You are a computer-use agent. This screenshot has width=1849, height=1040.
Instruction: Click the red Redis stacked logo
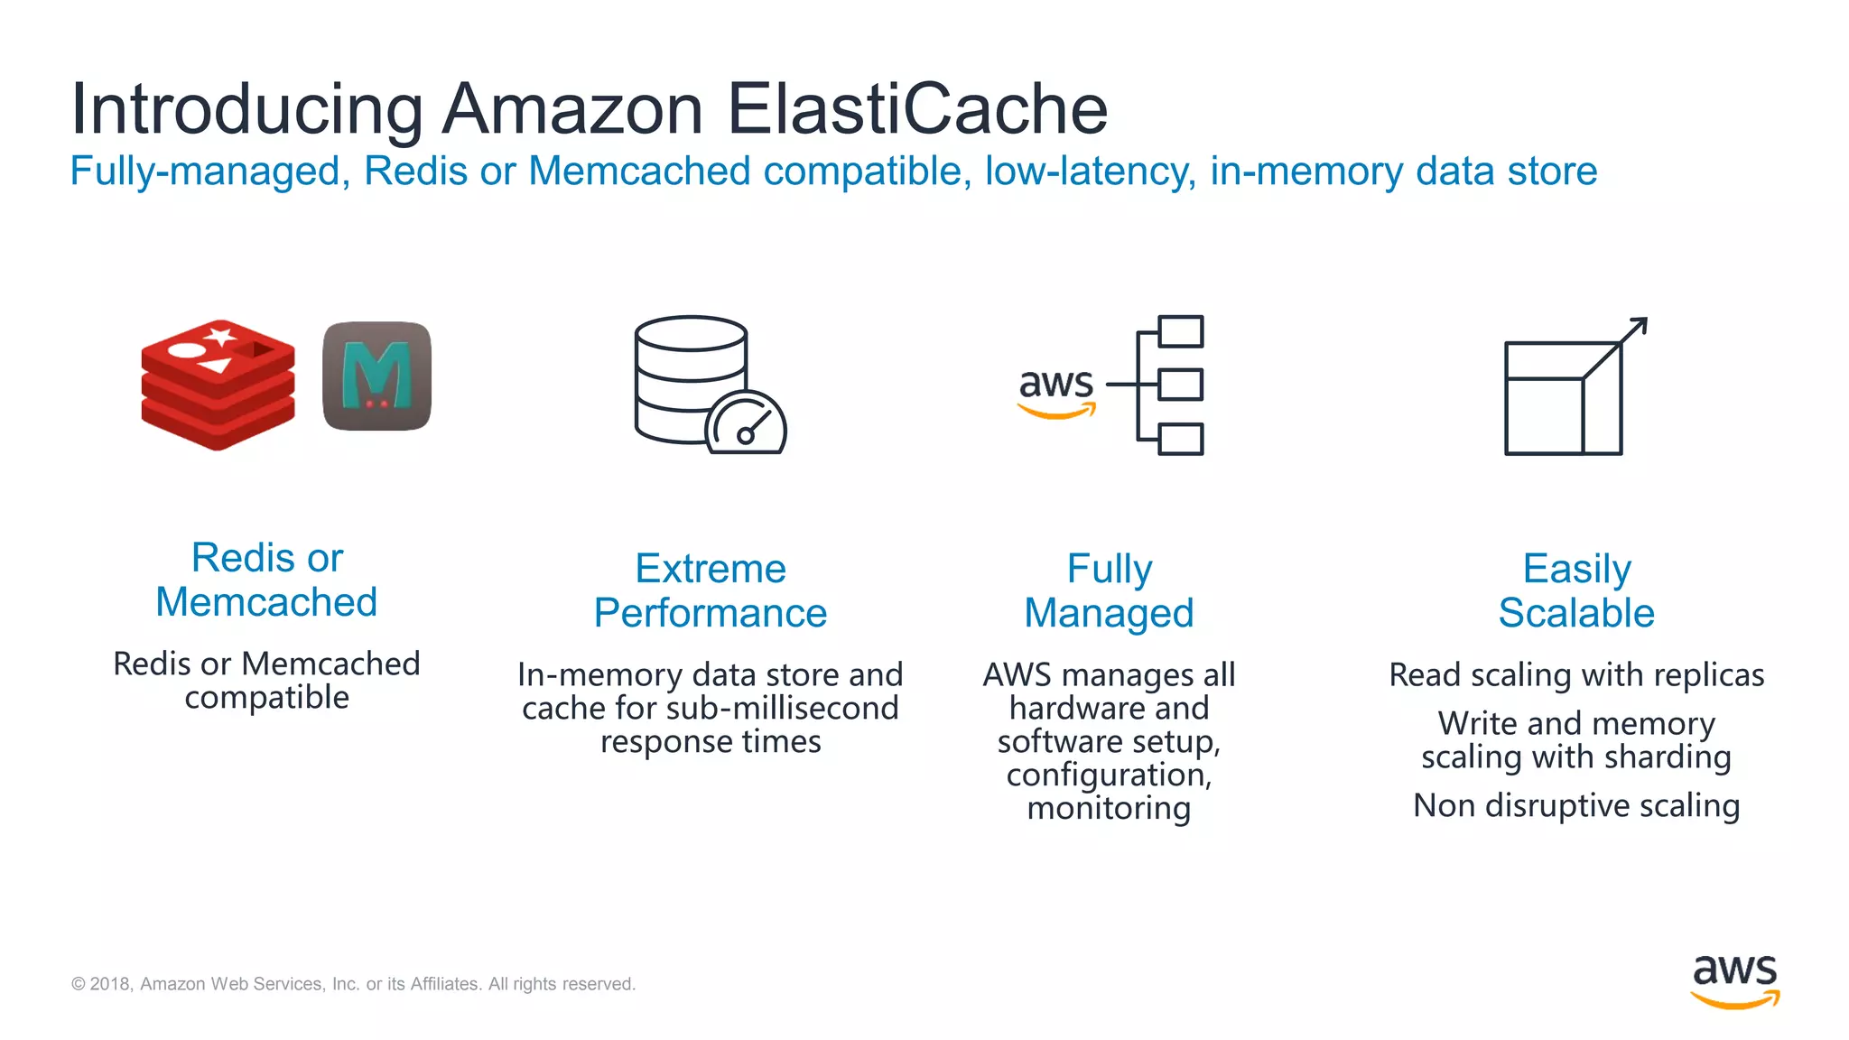click(218, 383)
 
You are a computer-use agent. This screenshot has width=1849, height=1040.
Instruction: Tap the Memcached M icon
click(376, 376)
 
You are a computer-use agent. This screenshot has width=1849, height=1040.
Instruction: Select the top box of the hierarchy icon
click(1180, 331)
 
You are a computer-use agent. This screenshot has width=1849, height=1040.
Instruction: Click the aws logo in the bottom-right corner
click(1734, 980)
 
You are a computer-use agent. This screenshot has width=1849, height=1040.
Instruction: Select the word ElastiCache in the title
click(916, 109)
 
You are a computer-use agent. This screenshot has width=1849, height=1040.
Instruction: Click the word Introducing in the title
click(246, 109)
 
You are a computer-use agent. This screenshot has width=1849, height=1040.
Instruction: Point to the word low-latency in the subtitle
click(1091, 172)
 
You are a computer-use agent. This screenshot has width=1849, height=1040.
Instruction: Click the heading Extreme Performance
click(711, 590)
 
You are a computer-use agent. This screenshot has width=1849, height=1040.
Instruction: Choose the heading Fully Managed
click(1109, 590)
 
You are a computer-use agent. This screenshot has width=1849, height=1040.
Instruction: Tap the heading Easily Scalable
click(1576, 590)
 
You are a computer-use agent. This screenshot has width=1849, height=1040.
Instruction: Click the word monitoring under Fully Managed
click(1109, 808)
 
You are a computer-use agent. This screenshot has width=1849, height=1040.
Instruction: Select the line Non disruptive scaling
click(1576, 805)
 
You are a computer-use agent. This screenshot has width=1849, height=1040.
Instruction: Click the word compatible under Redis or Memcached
click(266, 697)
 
